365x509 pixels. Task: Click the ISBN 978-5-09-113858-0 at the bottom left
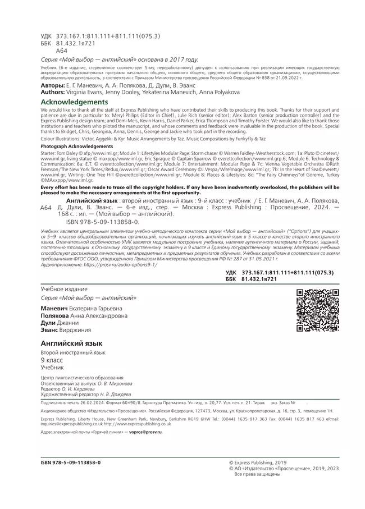coord(71,462)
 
